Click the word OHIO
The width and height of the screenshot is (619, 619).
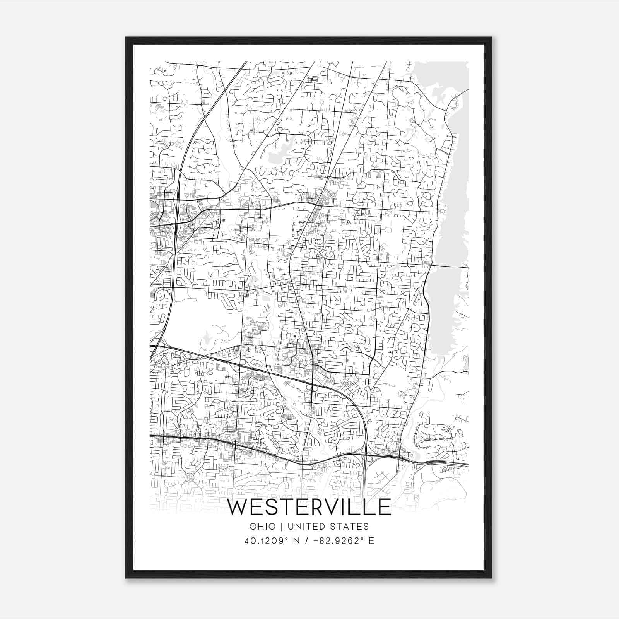click(x=263, y=527)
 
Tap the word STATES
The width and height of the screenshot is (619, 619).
click(x=351, y=527)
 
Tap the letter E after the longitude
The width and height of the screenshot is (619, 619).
click(x=371, y=541)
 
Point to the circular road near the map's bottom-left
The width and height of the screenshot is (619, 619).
click(x=190, y=477)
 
